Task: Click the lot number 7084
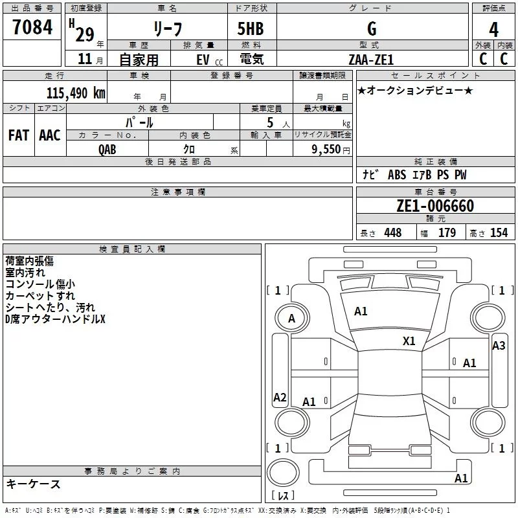[x=32, y=28]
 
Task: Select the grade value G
[x=371, y=28]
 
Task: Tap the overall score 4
[x=493, y=30]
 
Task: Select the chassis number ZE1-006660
[x=435, y=206]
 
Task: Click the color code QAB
[x=108, y=149]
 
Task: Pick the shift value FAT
[x=18, y=135]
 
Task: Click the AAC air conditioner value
[x=50, y=135]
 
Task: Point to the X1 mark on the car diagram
[x=409, y=341]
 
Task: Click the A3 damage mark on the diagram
[x=498, y=346]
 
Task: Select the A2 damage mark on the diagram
[x=280, y=398]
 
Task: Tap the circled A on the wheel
[x=291, y=318]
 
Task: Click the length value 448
[x=392, y=233]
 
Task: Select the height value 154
[x=499, y=233]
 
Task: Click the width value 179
[x=447, y=233]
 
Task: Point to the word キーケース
[x=33, y=484]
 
